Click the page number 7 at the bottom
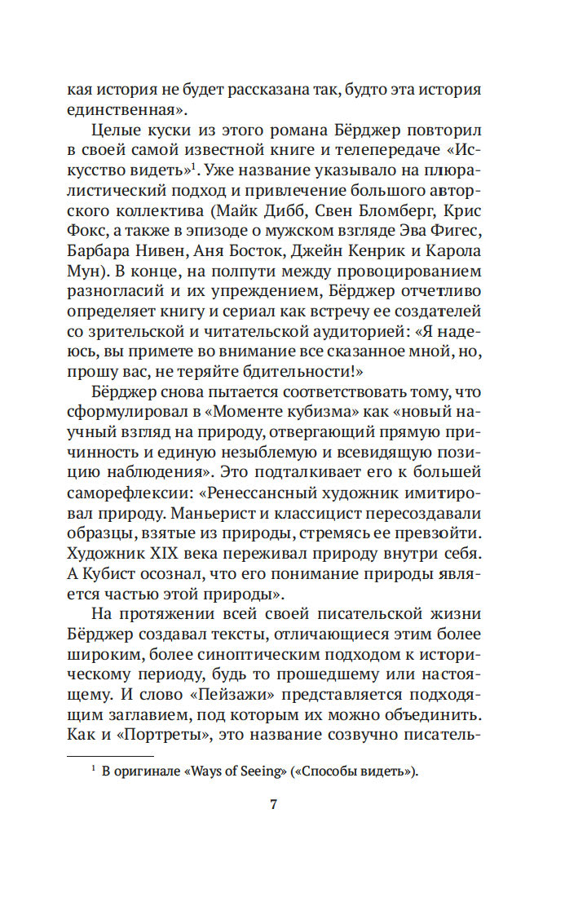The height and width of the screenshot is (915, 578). (274, 804)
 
